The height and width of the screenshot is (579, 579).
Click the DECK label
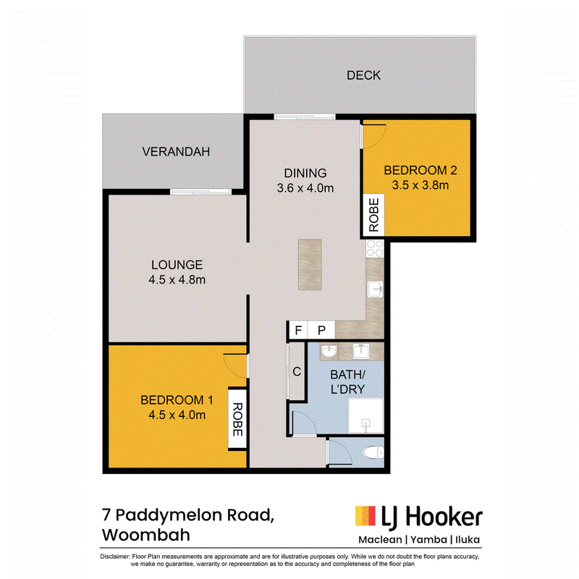coord(363,75)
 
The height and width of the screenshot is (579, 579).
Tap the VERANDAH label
coord(176,152)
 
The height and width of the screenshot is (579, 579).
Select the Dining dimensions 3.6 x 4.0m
coord(305,188)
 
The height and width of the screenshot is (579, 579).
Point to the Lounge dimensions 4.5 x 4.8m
coord(177,279)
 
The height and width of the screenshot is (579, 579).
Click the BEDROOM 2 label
coord(420,170)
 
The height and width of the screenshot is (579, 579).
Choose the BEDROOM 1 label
coord(177,400)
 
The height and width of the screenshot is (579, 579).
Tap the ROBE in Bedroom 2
coord(373,215)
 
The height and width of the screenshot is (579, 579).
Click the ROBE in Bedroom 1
coord(237,419)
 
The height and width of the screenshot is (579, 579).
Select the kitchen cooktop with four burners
coord(375,248)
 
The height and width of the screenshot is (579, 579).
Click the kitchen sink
coord(375,289)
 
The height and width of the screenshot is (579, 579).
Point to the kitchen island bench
coord(310,264)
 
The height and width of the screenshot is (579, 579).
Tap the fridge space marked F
coord(298,330)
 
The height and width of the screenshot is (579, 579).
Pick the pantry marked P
coord(321,330)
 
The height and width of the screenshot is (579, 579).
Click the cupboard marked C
coord(297,371)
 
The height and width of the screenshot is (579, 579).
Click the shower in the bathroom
coord(365,415)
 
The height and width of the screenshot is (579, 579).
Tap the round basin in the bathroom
coord(329,351)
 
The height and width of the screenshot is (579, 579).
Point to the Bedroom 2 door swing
coord(374,137)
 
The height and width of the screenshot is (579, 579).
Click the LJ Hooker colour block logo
coord(365,516)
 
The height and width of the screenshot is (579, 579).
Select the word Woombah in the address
coord(146,535)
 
